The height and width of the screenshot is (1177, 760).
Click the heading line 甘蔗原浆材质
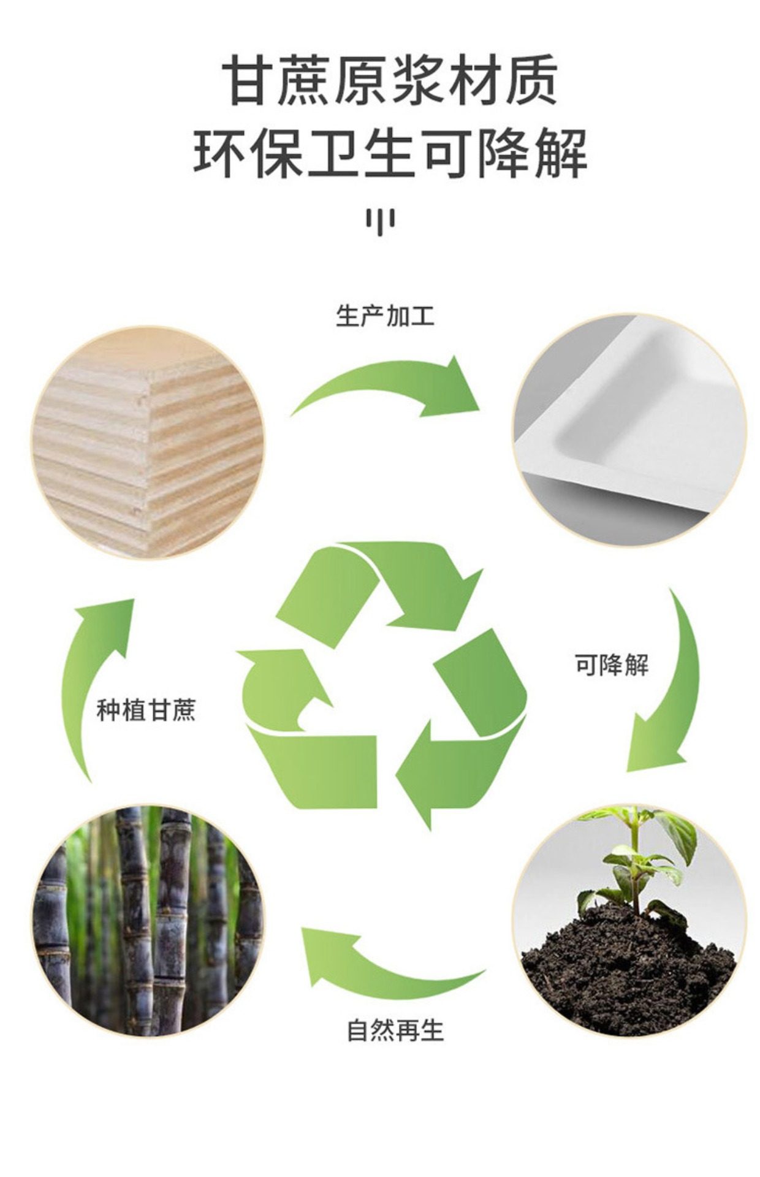[x=389, y=80]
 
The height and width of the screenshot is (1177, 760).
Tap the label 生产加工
[x=385, y=316]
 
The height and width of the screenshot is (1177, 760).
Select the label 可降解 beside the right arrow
[x=611, y=665]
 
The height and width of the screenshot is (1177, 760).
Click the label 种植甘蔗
[x=146, y=712]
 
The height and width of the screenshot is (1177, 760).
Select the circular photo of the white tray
[x=629, y=430]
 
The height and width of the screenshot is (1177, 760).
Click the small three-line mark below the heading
[x=380, y=222]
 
